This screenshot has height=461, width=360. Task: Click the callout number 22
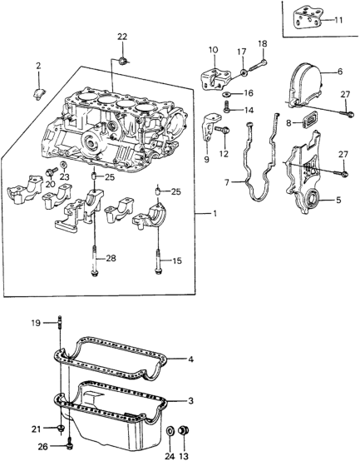click(x=122, y=37)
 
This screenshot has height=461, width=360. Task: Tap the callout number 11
click(x=338, y=20)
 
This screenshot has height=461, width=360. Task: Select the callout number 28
click(x=111, y=258)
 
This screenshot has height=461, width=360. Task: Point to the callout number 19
click(x=37, y=323)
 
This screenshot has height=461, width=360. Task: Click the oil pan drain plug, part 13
click(x=184, y=431)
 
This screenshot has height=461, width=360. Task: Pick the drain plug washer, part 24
click(x=170, y=431)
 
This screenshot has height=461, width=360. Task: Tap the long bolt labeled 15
click(x=158, y=261)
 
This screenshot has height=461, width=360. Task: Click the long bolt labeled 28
click(x=94, y=261)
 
